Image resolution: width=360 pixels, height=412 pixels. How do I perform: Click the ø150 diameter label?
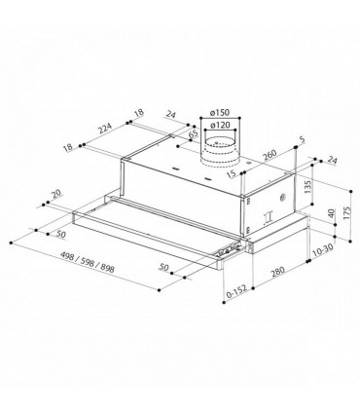click(x=220, y=113)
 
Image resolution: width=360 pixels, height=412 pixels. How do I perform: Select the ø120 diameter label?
click(x=220, y=125)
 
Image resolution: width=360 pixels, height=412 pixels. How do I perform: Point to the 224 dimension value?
click(x=105, y=128)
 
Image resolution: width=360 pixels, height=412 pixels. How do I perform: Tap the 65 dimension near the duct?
click(x=193, y=134)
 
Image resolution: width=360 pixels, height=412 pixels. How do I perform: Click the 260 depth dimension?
click(x=270, y=155)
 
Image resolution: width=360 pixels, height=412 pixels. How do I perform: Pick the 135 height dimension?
click(x=307, y=187)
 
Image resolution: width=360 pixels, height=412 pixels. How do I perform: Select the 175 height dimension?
click(x=345, y=213)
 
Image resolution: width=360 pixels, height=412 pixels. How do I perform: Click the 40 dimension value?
click(x=331, y=213)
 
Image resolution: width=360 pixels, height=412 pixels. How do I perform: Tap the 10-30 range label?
click(x=322, y=249)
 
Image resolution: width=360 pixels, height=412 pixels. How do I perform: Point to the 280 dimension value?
click(x=277, y=272)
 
